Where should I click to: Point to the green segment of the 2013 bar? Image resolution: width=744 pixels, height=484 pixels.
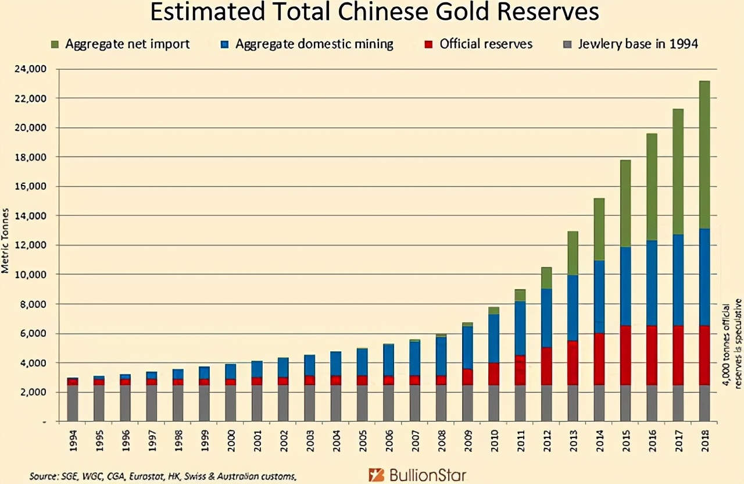pos(573,253)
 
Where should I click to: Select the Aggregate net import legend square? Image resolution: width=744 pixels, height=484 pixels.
pos(55,44)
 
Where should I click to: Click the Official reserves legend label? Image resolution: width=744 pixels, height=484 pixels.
pos(486,44)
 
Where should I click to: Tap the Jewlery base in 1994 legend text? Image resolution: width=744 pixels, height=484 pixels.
pos(638,44)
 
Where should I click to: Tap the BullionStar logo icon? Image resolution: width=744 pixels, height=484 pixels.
pos(376,475)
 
